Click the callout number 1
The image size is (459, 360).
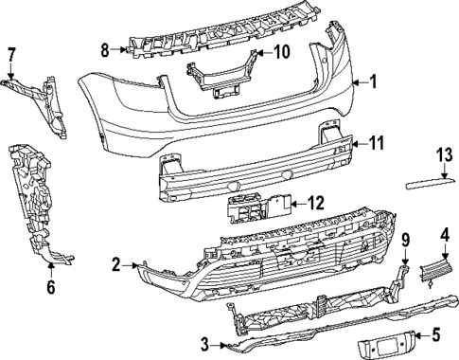coord(373,81)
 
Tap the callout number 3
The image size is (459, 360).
coord(204,343)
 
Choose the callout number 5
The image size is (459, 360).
coord(436,333)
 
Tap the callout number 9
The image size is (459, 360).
coord(404,238)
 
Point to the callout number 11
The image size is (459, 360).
coord(376,143)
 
